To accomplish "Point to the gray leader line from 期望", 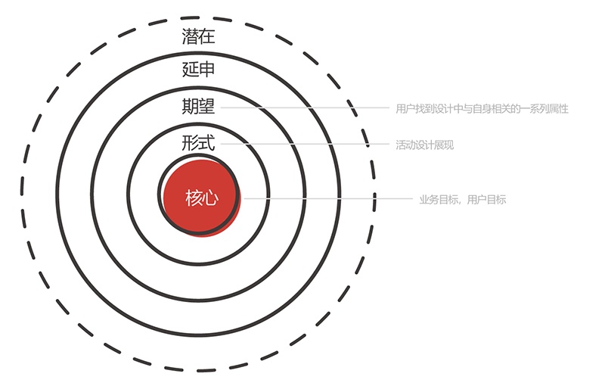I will click(x=302, y=108).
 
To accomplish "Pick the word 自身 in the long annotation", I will click(x=481, y=109).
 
